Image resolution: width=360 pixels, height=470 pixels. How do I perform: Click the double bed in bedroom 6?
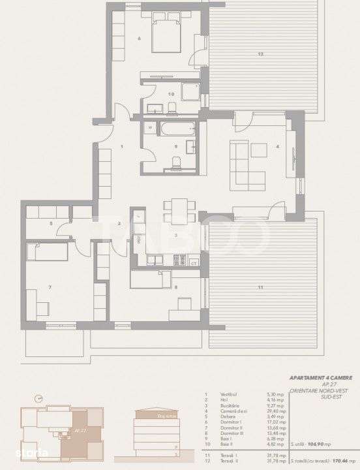click(167, 37)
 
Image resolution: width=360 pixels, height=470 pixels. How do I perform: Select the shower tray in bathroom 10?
click(190, 91)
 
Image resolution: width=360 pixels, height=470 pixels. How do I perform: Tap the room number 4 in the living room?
click(278, 147)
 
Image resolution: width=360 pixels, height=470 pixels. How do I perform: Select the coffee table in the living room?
click(259, 151)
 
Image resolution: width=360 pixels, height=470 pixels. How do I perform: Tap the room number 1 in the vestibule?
click(122, 147)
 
